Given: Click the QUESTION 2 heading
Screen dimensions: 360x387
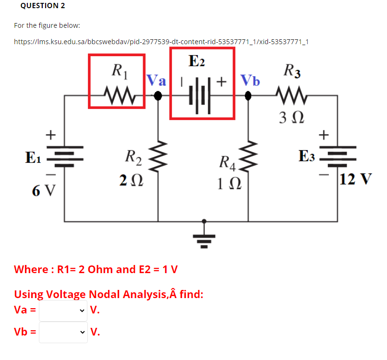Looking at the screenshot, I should [43, 6].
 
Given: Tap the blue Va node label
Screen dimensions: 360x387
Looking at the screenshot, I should [156, 80].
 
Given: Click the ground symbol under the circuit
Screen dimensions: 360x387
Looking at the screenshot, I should [205, 238].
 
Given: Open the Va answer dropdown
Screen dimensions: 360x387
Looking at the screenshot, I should [63, 310].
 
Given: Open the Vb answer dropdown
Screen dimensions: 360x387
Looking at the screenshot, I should [63, 332].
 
